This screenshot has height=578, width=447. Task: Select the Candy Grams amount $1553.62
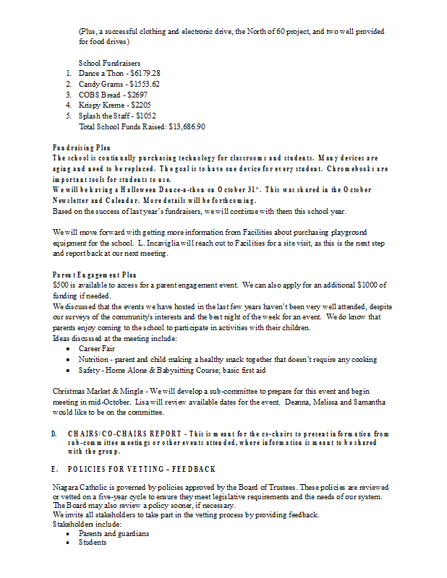[x=144, y=84]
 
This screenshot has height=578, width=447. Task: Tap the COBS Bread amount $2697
[x=136, y=95]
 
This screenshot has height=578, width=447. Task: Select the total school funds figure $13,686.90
[x=187, y=126]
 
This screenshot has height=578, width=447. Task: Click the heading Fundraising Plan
[x=81, y=147]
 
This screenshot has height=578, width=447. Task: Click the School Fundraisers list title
[x=109, y=64]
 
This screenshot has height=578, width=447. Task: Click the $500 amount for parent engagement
[x=61, y=285]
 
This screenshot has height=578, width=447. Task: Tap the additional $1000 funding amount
[x=368, y=285]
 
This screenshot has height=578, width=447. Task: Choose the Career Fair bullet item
[x=97, y=349]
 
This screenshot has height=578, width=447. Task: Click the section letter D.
[x=55, y=433]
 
